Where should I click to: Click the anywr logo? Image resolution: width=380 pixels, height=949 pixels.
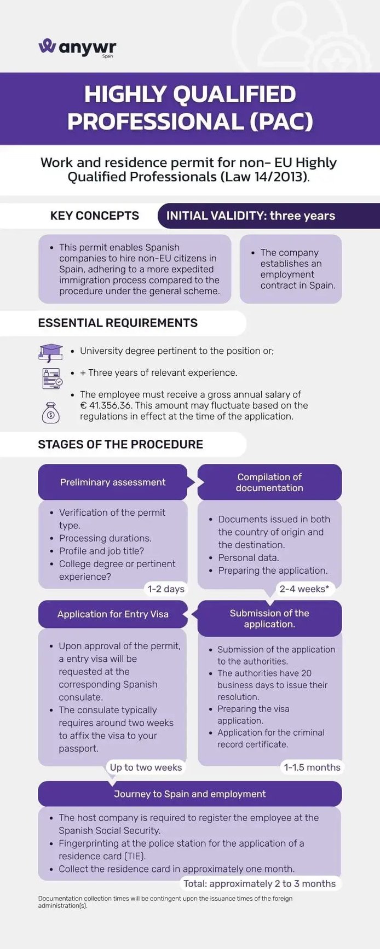pyautogui.click(x=77, y=48)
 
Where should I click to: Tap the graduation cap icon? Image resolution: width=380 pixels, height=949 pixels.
pyautogui.click(x=51, y=352)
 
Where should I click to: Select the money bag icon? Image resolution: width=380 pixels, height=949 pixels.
pyautogui.click(x=50, y=413)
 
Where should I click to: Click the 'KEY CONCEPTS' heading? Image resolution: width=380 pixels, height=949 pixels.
pyautogui.click(x=95, y=216)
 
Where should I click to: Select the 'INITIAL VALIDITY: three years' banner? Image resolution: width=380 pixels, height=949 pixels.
pyautogui.click(x=269, y=216)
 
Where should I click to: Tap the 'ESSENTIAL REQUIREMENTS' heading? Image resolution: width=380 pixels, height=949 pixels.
pyautogui.click(x=118, y=323)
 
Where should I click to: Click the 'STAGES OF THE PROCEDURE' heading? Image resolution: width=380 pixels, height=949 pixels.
pyautogui.click(x=120, y=444)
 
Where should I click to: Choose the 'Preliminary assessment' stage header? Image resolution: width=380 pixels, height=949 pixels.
pyautogui.click(x=113, y=482)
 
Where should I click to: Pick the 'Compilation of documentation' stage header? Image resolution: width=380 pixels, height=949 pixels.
pyautogui.click(x=269, y=482)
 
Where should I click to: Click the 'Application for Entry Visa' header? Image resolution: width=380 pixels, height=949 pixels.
pyautogui.click(x=113, y=614)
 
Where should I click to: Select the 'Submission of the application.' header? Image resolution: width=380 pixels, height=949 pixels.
pyautogui.click(x=269, y=619)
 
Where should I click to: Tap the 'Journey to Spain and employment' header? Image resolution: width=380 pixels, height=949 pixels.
pyautogui.click(x=190, y=794)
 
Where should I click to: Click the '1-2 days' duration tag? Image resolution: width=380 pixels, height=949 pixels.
pyautogui.click(x=166, y=589)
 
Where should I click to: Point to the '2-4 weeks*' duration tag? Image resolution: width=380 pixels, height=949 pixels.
pyautogui.click(x=304, y=589)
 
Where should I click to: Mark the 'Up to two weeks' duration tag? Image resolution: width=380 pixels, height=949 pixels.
pyautogui.click(x=146, y=767)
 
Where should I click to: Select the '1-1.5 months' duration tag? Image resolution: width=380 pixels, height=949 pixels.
pyautogui.click(x=312, y=767)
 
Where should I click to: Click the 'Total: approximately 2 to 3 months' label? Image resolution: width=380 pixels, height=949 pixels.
pyautogui.click(x=260, y=883)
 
